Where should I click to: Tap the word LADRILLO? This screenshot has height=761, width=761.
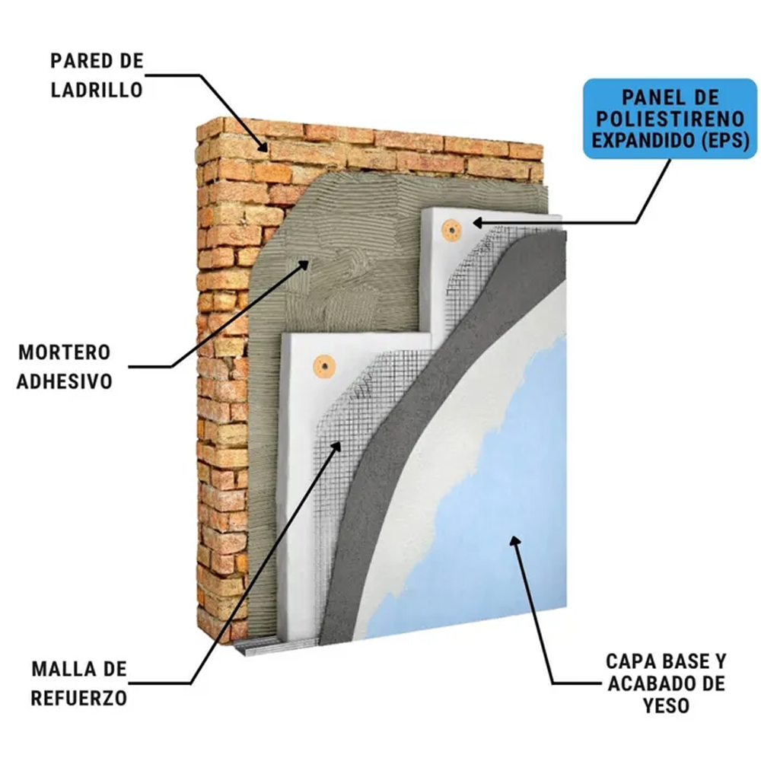coord(97,90)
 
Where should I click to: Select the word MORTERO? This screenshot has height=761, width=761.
coord(65,352)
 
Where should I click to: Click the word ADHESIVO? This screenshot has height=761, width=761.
coord(65,381)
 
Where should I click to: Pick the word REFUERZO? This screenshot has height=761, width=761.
coord(78,698)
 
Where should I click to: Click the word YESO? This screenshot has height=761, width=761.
coord(667,705)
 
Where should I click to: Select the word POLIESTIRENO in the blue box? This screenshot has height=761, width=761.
coord(670,119)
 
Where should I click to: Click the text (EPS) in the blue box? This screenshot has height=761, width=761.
coord(724,140)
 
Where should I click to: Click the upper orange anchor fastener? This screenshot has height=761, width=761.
coord(451,228)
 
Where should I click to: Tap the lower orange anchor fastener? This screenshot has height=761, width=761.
coord(324,365)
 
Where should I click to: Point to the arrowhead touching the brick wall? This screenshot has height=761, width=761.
coord(262,145)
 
